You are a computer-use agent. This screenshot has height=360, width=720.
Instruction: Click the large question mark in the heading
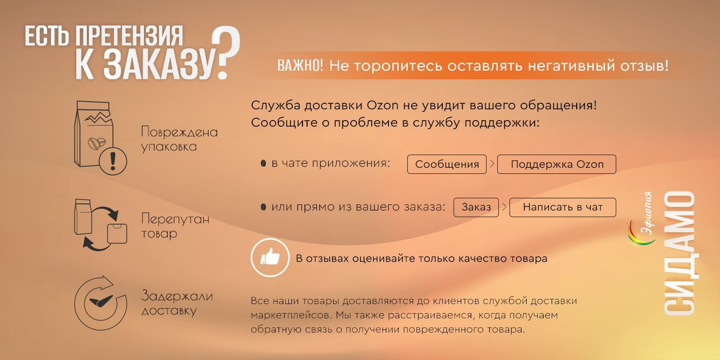pyautogui.click(x=227, y=52)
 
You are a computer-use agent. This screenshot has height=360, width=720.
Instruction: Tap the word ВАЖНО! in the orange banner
pyautogui.click(x=300, y=66)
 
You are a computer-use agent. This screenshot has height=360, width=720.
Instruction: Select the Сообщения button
pyautogui.click(x=447, y=164)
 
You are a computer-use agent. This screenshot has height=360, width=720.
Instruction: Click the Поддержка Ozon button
pyautogui.click(x=557, y=164)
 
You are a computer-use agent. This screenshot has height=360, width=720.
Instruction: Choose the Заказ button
pyautogui.click(x=476, y=208)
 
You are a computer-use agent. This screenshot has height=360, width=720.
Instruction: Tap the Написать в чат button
pyautogui.click(x=563, y=208)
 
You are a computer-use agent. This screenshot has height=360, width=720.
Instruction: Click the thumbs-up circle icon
pyautogui.click(x=270, y=258)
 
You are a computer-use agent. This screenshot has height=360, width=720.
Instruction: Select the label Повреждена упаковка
pyautogui.click(x=179, y=139)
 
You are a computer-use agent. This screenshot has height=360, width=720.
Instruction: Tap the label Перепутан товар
pyautogui.click(x=175, y=226)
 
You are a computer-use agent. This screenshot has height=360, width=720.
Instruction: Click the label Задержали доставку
pyautogui.click(x=177, y=304)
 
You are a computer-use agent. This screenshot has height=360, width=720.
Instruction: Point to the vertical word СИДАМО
pyautogui.click(x=679, y=253)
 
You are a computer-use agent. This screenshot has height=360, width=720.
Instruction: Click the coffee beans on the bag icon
pyautogui.click(x=97, y=143)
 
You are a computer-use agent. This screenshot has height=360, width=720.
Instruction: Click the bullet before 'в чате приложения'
pyautogui.click(x=263, y=163)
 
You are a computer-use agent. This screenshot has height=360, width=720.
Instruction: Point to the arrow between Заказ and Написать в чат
pyautogui.click(x=504, y=207)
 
